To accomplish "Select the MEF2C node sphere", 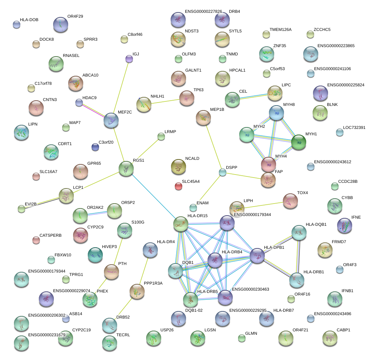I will point(111,120).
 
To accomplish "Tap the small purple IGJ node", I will point(129,58).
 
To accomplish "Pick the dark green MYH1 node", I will point(299,142).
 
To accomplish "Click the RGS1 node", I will point(126,169).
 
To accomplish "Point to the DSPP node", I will point(223,173).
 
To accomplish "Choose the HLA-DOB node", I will point(16,25).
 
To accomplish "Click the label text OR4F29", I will point(75,17).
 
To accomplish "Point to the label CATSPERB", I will point(50,235).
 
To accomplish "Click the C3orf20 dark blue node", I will point(95,147).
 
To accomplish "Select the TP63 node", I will point(186,98).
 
